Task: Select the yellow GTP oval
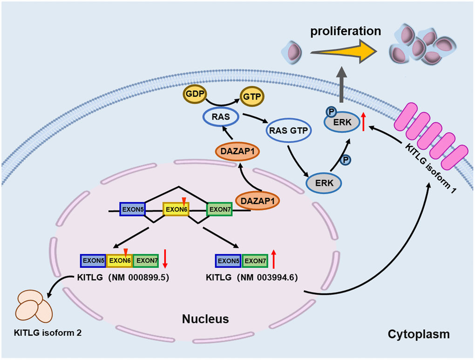tap(251, 96)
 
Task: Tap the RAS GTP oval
tap(289, 131)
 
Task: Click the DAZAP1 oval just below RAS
tap(236, 152)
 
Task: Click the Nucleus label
tap(205, 319)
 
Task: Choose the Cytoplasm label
tap(419, 334)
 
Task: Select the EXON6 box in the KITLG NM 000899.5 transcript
tap(120, 261)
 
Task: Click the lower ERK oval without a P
tap(325, 183)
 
